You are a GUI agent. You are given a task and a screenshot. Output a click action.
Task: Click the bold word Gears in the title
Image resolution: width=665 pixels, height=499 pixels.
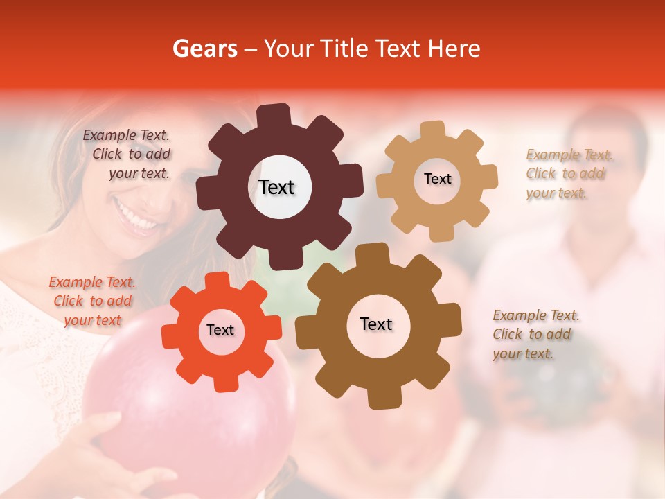(x=204, y=49)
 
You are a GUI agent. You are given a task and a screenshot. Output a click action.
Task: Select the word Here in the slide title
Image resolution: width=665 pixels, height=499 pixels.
(x=454, y=49)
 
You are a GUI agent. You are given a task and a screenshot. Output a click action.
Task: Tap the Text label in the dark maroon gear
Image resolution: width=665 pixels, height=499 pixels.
(x=276, y=187)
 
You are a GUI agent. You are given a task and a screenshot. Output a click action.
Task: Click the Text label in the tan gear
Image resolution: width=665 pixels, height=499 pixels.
(x=437, y=179)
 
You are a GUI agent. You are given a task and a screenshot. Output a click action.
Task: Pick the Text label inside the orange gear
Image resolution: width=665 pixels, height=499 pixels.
(x=220, y=330)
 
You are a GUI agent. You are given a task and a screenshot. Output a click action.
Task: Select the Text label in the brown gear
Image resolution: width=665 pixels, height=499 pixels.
(x=376, y=324)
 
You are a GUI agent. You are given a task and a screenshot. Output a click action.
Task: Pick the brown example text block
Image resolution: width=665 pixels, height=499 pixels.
(x=535, y=334)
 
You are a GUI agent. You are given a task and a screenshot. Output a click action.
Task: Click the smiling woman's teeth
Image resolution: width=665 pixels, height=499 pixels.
(x=136, y=216)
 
